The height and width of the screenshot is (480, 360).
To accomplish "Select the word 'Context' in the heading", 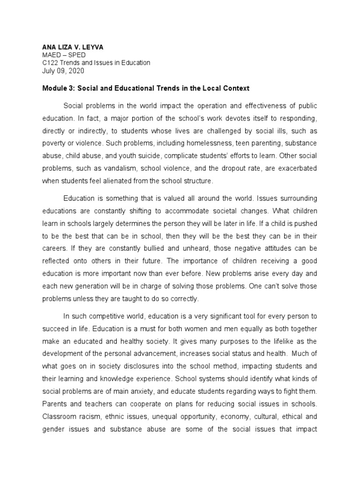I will coord(236,88).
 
